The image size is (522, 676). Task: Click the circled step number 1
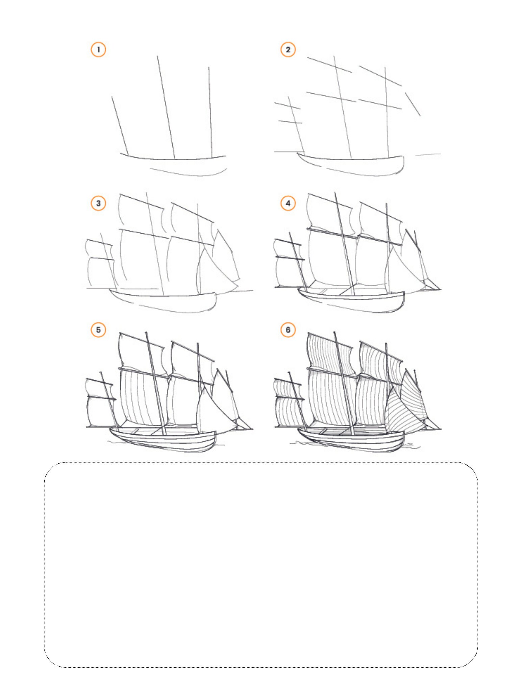click(x=98, y=50)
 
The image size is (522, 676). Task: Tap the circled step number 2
click(x=288, y=50)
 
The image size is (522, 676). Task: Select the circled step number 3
click(x=98, y=203)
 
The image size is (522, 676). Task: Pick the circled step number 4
click(x=288, y=203)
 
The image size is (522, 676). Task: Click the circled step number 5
click(x=98, y=330)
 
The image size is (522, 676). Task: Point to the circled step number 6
click(x=288, y=330)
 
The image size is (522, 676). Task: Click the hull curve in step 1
click(x=174, y=159)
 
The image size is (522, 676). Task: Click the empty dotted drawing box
click(x=261, y=564)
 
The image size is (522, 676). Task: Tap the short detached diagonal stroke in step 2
click(x=413, y=104)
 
